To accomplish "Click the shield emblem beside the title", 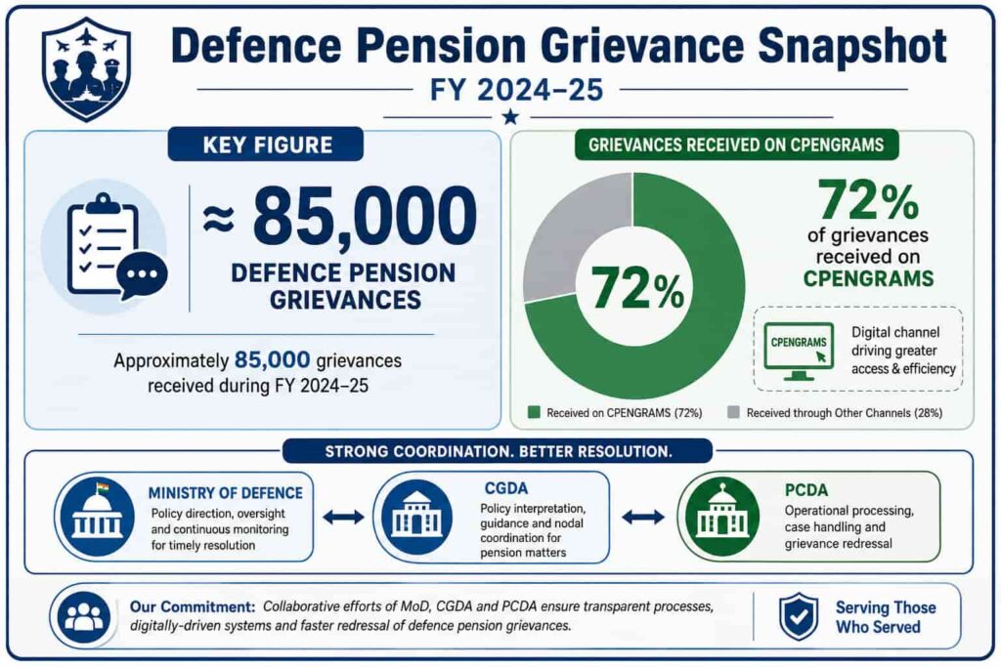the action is pos(86,69).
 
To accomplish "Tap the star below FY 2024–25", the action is pos(510,116).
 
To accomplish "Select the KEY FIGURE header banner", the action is pos(266,145).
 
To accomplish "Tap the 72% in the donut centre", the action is pos(637,287).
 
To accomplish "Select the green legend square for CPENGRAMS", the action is pos(535,412).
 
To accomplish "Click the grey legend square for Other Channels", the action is pos(733,412).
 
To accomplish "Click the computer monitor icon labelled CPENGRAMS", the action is pos(798,351).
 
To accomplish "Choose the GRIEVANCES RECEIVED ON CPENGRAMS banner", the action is pos(736,145).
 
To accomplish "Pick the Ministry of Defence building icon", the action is pos(97,516).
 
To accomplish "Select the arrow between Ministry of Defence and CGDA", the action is pos(343,517).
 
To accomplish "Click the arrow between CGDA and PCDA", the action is pos(643,517).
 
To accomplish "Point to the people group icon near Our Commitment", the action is pos(84,616).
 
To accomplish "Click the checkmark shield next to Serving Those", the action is pos(798,616).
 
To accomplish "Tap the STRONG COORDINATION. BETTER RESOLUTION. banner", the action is pos(498,451).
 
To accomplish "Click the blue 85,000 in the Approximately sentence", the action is pos(272,360).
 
